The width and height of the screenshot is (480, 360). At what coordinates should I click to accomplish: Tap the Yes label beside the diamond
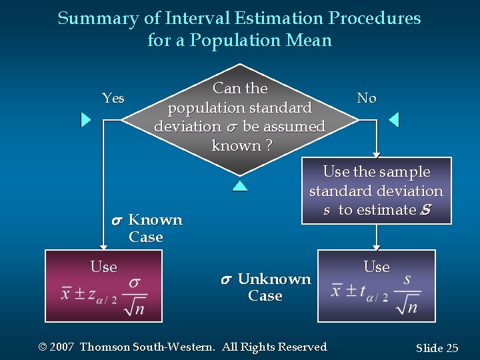coord(113,98)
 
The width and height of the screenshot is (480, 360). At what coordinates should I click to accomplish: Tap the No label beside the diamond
coord(367,98)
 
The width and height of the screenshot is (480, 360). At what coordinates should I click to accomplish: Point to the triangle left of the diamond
coord(85,120)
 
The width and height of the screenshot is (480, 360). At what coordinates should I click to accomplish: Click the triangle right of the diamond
coord(393,120)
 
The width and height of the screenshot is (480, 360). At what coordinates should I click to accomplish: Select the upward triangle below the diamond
coord(240,185)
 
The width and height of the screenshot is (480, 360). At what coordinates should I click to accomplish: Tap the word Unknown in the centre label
coord(274,279)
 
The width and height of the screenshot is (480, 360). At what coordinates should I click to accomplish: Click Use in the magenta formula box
coord(103,267)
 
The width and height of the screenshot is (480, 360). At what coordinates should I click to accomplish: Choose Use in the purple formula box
coord(377,267)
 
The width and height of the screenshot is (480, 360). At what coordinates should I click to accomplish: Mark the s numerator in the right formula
coord(407,279)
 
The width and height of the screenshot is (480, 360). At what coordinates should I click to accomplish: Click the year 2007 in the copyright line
coord(61,347)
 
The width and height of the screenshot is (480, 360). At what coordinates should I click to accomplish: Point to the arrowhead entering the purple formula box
coord(377,246)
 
